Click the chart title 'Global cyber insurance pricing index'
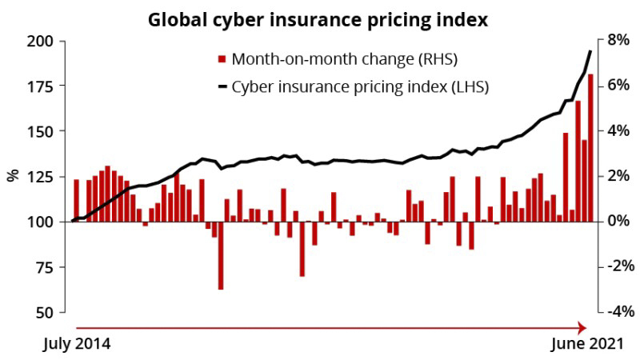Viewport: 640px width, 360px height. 318,18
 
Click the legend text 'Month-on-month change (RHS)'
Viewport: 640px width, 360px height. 344,59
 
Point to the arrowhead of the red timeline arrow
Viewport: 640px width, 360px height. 583,326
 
